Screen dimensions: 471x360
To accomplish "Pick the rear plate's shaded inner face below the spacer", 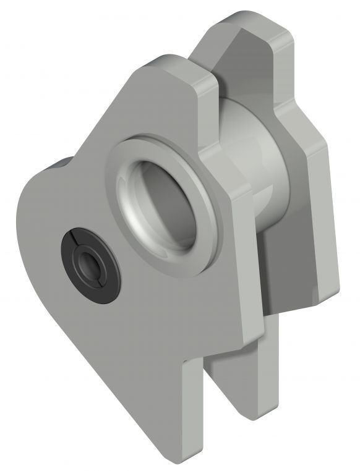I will pos(272,272).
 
